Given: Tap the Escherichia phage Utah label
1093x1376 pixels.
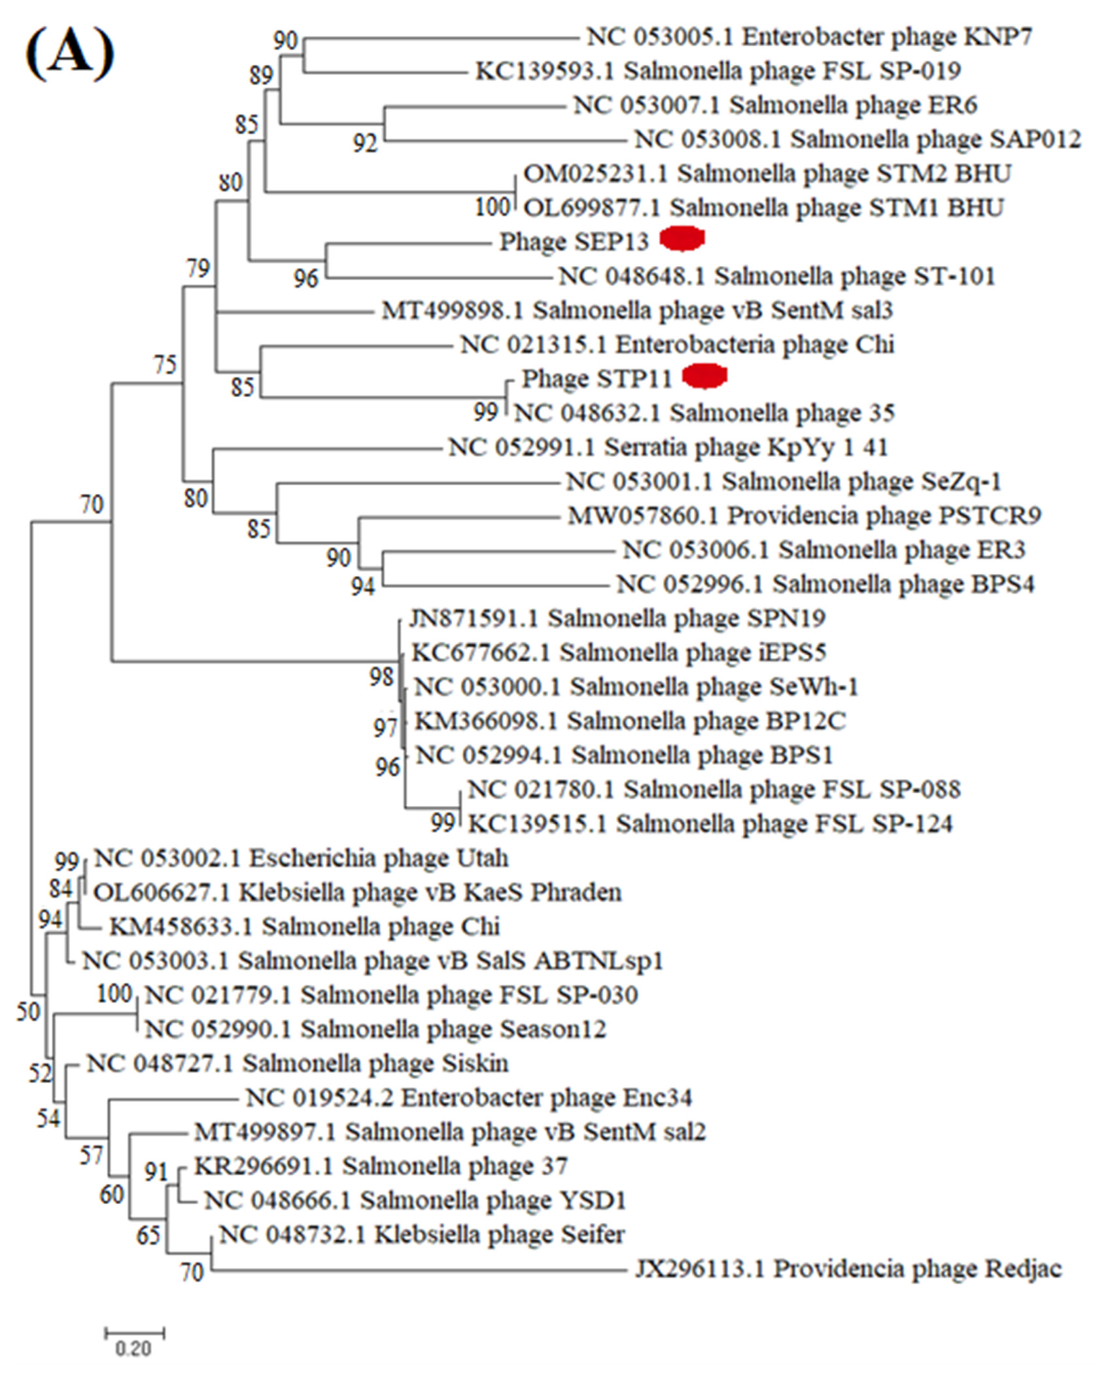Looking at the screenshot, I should [301, 858].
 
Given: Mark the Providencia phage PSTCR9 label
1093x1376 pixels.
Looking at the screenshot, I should [804, 515].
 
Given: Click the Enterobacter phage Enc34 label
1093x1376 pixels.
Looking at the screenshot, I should [468, 1098].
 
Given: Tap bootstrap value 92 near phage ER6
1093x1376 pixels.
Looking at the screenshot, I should [365, 144].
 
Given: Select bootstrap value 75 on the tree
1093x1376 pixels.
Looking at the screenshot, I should [165, 365].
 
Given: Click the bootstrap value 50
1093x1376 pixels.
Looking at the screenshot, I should [27, 1012].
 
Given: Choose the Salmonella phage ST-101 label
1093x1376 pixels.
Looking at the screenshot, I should [777, 276].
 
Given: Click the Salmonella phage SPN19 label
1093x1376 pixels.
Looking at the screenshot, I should [617, 619].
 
